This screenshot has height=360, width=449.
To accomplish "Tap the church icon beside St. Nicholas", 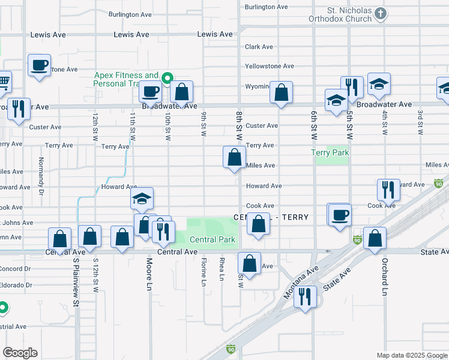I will pos(379,13).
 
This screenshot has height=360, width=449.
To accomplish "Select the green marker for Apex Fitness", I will pos(168,77).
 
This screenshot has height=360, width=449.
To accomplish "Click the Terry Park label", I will pos(330,153).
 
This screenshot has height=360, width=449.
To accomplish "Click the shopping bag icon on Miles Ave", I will pos(234,158).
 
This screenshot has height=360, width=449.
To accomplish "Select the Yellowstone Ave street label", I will pos(270,66).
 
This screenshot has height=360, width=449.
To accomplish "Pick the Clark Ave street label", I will pos(259,47).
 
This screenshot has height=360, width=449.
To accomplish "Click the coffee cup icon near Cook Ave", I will pos(340,215).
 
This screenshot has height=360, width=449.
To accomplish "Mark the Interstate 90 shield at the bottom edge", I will pos(231,349).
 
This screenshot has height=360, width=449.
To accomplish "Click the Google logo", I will pos(20,353).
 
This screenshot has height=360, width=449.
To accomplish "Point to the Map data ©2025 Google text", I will pos(411,355).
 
